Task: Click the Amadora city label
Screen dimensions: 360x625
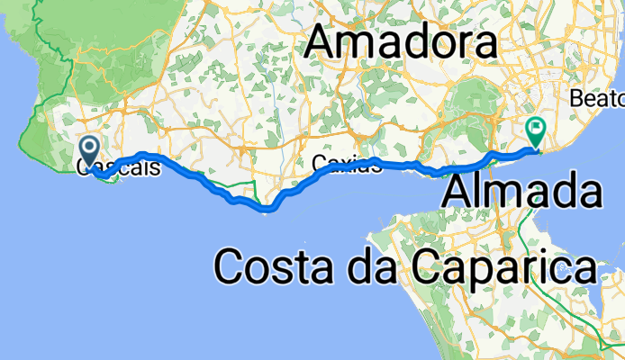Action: click(402, 42)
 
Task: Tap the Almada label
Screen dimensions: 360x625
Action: click(523, 192)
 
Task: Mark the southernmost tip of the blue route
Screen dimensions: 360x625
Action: click(267, 211)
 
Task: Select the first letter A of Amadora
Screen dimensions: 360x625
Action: click(325, 42)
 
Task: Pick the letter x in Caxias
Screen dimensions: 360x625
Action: click(346, 164)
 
